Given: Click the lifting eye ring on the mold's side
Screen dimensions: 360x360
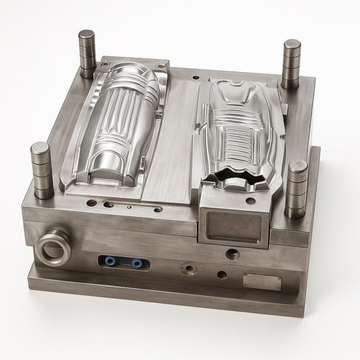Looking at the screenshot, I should click(53, 247).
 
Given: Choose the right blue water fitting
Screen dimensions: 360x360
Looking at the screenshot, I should click(136, 264).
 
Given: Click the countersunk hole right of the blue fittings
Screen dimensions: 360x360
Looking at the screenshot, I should click(189, 269).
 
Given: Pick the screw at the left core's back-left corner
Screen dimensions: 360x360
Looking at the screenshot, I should click(105, 65).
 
